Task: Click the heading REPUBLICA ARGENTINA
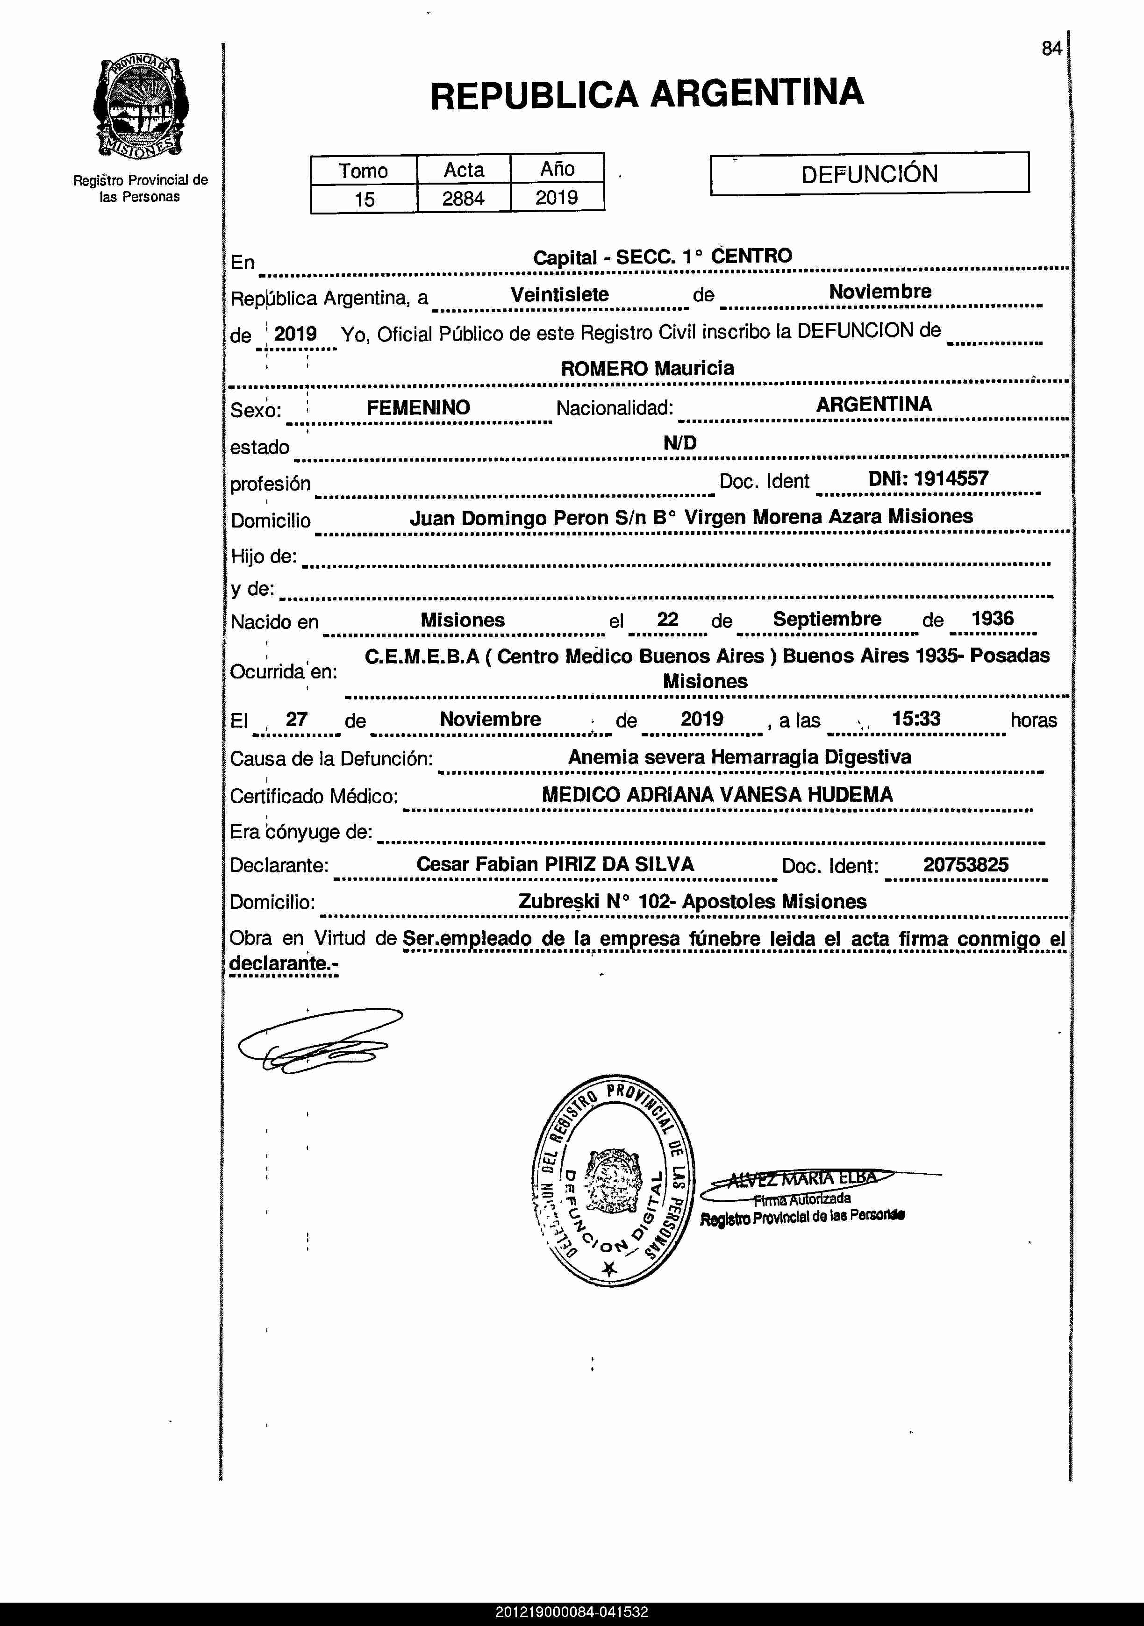(647, 94)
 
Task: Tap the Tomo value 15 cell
(364, 199)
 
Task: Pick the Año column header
(557, 169)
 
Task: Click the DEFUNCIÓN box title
(869, 173)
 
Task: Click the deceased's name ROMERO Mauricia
(647, 368)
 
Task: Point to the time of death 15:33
(916, 719)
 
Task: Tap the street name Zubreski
(559, 901)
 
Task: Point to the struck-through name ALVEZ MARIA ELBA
(802, 1178)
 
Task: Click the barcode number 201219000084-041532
(572, 1612)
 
